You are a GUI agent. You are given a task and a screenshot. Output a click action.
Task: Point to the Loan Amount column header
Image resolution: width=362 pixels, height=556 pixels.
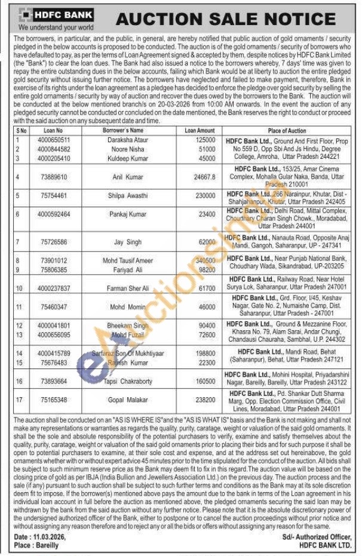point(200,130)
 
